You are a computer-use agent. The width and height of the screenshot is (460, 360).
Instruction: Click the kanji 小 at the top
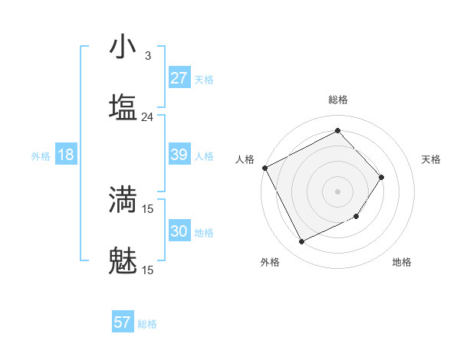click(x=123, y=47)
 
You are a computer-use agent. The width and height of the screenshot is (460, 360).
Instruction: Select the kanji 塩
click(x=123, y=108)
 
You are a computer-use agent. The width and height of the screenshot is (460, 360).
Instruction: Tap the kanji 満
click(x=123, y=199)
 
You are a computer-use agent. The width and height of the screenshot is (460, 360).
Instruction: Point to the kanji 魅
click(x=123, y=260)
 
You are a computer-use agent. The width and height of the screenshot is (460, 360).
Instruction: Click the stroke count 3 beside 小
click(x=147, y=56)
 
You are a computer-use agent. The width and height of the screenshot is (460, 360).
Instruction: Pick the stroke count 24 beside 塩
click(x=147, y=117)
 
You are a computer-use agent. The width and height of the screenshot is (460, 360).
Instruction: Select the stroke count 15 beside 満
click(x=147, y=208)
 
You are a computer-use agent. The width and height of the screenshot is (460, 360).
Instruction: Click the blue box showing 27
click(x=179, y=78)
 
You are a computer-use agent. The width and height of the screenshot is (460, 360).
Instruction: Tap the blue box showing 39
click(x=179, y=155)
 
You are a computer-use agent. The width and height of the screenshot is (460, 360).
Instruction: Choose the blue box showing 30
click(x=179, y=231)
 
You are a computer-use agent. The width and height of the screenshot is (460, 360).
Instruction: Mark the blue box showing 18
click(x=66, y=155)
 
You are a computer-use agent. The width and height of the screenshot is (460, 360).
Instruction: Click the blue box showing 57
click(x=122, y=322)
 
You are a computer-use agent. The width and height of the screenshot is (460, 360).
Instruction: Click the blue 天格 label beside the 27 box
click(x=203, y=80)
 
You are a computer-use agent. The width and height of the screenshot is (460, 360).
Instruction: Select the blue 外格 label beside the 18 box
click(x=41, y=156)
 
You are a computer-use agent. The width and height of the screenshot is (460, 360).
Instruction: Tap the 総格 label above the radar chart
click(x=338, y=100)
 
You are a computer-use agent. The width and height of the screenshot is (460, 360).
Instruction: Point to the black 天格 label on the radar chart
click(x=432, y=159)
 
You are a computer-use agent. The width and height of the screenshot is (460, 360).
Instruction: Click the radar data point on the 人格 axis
click(x=264, y=168)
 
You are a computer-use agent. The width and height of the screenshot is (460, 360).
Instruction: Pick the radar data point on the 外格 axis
click(x=302, y=242)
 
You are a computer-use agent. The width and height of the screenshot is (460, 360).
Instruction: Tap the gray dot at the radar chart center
click(x=338, y=191)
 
